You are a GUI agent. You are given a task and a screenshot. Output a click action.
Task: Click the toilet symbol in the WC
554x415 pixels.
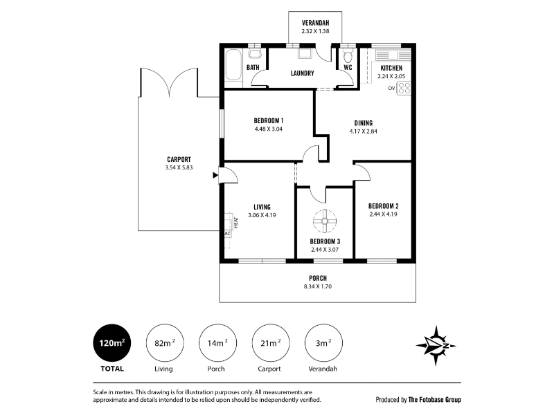[x=348, y=56]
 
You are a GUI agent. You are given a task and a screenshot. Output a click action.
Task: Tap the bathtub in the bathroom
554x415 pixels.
[x=233, y=65]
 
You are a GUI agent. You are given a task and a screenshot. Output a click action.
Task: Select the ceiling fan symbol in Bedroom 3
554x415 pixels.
[x=325, y=221]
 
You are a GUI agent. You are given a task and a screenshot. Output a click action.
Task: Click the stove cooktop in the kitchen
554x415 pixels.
[x=404, y=89]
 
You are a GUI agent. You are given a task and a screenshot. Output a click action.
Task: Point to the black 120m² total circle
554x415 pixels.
[x=112, y=343]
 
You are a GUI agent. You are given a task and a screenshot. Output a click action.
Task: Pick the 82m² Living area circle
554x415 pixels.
[x=165, y=343]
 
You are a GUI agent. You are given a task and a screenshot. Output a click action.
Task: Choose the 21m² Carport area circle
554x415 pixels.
[x=271, y=343]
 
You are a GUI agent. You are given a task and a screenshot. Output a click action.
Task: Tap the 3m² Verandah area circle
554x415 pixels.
[x=323, y=343]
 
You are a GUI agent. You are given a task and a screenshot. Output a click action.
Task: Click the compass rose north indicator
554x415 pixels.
[x=436, y=345]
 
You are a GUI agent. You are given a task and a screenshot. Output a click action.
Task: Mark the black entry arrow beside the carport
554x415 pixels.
[x=215, y=175]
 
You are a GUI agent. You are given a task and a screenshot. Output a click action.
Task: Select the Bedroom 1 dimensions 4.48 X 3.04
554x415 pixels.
[x=269, y=129]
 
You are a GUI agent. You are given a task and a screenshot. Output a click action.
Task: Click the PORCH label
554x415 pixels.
[x=318, y=279]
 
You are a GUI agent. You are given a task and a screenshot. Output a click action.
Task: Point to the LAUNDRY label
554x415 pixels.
[x=302, y=73]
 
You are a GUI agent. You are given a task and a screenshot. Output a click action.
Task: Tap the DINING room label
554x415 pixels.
[x=363, y=123]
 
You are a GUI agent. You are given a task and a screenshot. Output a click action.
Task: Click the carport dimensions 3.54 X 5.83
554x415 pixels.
[x=179, y=167]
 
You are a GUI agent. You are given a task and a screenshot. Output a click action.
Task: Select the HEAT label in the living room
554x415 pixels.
[x=236, y=222]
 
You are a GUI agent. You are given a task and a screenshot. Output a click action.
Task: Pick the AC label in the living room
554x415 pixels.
[x=228, y=234]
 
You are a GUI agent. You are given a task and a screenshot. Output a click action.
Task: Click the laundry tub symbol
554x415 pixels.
[x=305, y=53]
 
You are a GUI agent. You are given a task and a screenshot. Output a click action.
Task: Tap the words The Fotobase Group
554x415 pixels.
[x=435, y=400]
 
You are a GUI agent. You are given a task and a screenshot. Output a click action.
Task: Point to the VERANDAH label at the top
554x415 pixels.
[x=315, y=23]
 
